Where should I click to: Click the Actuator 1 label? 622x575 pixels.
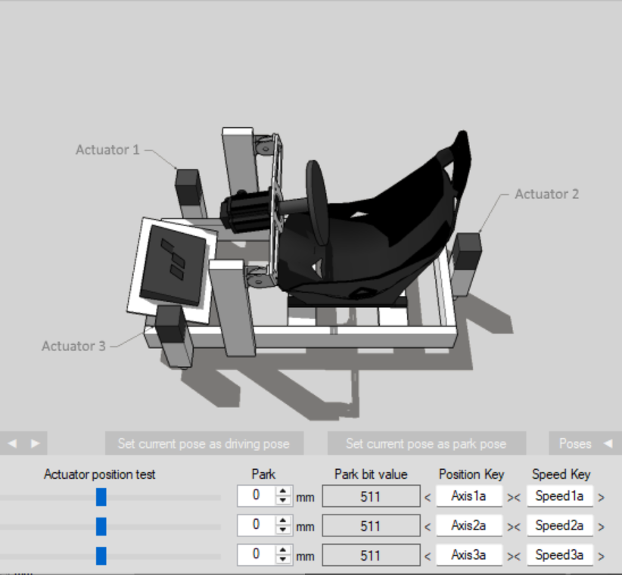(107, 150)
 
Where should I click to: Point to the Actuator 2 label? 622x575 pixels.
(546, 194)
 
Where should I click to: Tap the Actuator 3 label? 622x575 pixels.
(74, 347)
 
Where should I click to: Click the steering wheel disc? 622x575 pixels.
(317, 203)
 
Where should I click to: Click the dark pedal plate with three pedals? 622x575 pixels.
(173, 265)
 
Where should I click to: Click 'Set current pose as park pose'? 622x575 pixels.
(427, 443)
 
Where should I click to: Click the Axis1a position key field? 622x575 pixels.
(469, 496)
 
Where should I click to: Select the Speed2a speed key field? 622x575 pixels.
(560, 525)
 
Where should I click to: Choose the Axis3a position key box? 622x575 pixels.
(469, 555)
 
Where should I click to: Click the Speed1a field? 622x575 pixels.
(560, 496)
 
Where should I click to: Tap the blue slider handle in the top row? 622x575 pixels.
(101, 497)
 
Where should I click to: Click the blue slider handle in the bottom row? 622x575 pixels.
(101, 556)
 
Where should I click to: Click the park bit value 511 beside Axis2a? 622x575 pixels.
(371, 526)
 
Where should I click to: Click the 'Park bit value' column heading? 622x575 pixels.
(371, 474)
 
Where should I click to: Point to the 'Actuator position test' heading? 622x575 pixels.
(100, 474)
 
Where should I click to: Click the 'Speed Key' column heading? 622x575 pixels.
(561, 474)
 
